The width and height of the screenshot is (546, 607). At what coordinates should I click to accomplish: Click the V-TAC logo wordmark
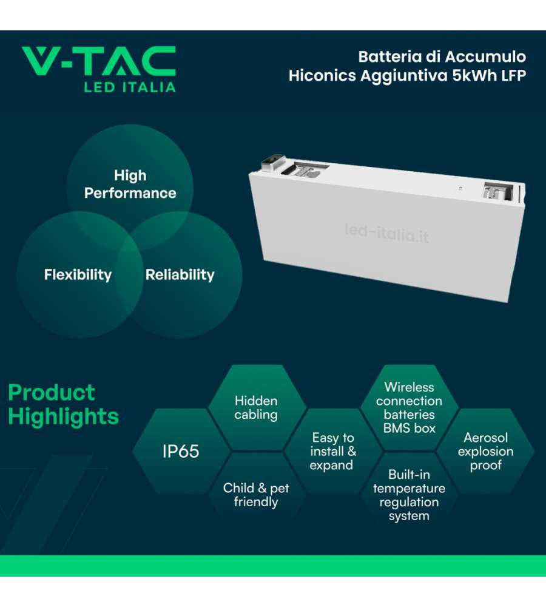99,61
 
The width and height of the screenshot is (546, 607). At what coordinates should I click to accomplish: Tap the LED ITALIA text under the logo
130,87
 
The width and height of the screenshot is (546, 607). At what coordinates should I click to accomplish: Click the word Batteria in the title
389,57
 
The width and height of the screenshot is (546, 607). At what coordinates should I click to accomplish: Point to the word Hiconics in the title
322,75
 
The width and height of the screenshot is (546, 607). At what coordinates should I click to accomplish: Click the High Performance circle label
130,185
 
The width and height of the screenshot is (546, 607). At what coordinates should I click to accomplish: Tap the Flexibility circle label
78,275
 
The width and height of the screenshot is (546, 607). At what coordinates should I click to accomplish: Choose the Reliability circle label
180,275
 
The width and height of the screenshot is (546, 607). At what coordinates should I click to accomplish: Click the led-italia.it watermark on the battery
386,233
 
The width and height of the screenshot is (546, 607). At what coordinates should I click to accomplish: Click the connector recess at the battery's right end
499,191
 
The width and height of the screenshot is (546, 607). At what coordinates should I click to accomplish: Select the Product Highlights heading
63,405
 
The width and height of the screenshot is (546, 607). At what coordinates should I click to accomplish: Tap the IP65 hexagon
181,452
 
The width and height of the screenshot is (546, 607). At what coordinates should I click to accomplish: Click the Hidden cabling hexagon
256,408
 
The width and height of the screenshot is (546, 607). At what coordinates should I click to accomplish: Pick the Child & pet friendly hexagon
256,495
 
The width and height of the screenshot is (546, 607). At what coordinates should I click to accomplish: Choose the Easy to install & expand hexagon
333,452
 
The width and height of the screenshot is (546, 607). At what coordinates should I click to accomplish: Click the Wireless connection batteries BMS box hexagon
409,408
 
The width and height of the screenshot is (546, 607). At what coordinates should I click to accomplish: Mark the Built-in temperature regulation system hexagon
409,495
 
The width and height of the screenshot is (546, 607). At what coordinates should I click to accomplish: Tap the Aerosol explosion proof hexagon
485,452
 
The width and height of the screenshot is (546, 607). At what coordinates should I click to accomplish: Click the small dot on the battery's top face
460,188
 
